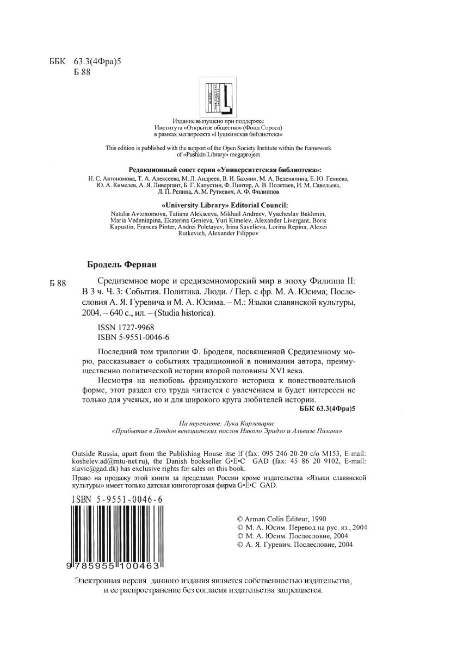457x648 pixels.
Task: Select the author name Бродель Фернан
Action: point(122,265)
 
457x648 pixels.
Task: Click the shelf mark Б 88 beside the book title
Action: point(57,283)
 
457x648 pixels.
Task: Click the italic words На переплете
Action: point(198,423)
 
